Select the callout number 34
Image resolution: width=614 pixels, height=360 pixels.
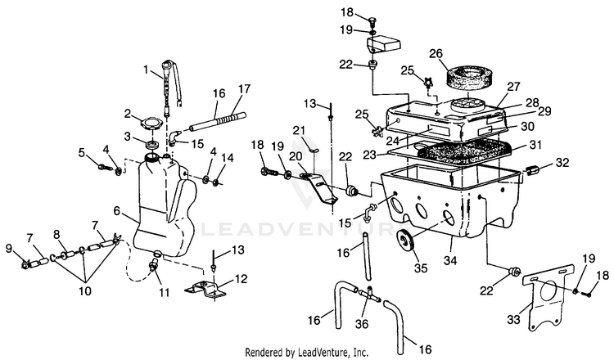450,261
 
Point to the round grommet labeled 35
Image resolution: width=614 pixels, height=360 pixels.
406,241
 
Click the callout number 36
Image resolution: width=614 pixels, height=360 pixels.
361,324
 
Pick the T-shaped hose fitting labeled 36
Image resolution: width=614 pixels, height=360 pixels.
368,296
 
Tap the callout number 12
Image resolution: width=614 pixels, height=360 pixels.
242,279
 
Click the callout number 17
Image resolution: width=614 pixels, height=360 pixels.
244,89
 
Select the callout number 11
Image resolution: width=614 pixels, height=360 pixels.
165,292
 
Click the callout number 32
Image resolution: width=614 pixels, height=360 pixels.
562,162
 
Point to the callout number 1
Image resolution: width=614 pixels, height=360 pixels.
146,70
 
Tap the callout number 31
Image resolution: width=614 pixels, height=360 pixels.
535,145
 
